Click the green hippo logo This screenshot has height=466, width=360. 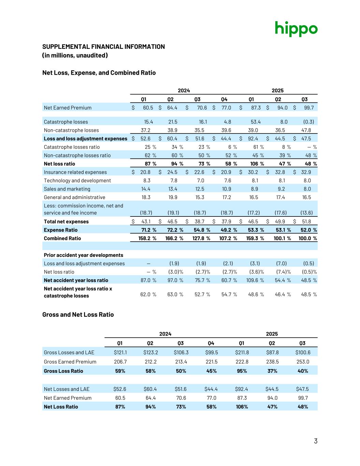coord(296,29)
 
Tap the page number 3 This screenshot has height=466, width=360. coord(316,441)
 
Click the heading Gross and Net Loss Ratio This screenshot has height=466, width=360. coord(78,314)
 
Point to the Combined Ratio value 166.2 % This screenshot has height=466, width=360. coord(174,238)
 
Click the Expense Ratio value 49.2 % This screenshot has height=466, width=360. coord(228,230)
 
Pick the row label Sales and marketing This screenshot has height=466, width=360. coord(67,189)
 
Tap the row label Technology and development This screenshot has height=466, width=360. coord(77,181)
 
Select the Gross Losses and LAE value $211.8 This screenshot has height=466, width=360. coord(242,353)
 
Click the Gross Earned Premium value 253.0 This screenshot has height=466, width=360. coord(303,362)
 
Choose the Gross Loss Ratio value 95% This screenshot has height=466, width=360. coord(242,371)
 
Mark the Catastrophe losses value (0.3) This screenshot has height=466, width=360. coord(308,122)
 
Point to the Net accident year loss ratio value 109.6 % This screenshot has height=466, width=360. coord(255,280)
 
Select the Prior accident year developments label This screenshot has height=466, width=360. coord(84,255)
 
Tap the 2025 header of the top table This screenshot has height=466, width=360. coord(277,90)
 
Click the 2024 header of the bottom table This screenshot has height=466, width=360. coord(165,334)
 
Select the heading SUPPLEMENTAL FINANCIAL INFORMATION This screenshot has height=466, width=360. coord(103,47)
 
